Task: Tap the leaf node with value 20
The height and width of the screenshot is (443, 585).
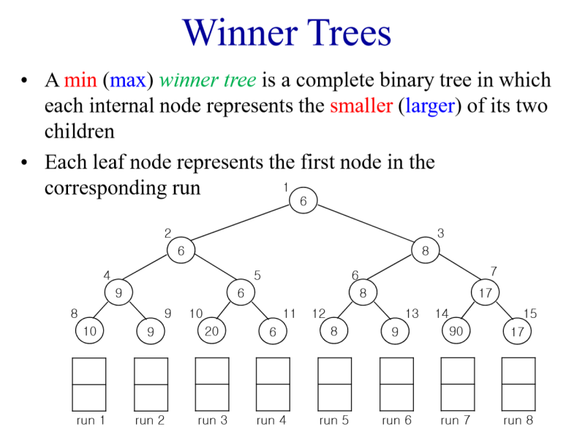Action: (x=211, y=331)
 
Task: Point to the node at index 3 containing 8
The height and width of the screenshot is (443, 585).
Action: (x=425, y=251)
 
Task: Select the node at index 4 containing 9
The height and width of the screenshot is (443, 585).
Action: (x=118, y=292)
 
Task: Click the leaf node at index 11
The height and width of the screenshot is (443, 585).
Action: (x=272, y=331)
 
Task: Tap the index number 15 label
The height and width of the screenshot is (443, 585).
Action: (x=530, y=314)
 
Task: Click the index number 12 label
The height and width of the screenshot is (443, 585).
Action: (x=318, y=314)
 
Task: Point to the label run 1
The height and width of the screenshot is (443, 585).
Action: (x=91, y=420)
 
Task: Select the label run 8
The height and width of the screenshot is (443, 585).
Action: (x=518, y=420)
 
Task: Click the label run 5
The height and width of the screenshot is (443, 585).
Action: (x=334, y=420)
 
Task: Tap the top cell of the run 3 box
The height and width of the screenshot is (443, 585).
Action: (x=212, y=371)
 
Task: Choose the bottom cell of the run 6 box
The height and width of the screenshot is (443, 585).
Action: (x=396, y=397)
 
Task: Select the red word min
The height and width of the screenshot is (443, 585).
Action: (x=80, y=80)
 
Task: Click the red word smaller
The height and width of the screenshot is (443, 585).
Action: (x=361, y=106)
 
